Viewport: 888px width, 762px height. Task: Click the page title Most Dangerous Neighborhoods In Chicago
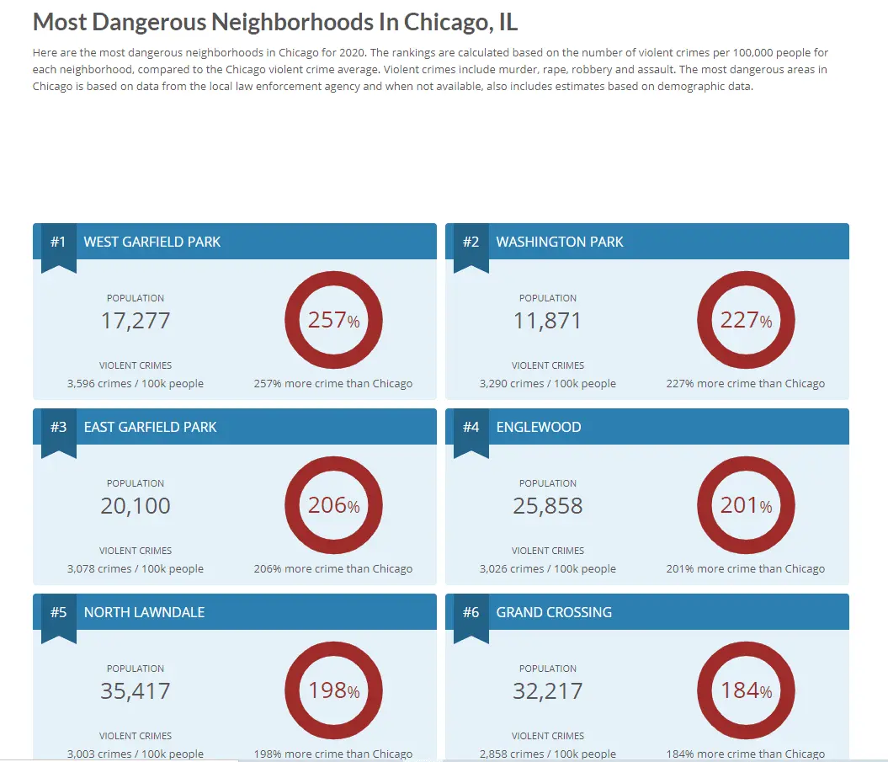coord(274,22)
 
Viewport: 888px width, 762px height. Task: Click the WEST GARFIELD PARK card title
coord(152,242)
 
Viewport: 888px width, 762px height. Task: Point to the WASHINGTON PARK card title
coord(560,242)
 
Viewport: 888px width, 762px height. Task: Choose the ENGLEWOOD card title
coord(539,428)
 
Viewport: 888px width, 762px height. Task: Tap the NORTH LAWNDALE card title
coord(144,613)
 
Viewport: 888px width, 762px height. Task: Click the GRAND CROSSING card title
coord(554,613)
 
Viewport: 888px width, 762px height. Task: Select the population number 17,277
coord(136,321)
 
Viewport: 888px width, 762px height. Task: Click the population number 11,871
coord(548,321)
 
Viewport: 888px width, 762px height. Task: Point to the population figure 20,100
coord(136,506)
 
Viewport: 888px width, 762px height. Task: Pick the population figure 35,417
coord(136,691)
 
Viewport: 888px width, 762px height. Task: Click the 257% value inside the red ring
coord(333,320)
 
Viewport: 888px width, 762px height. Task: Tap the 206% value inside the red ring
coord(333,505)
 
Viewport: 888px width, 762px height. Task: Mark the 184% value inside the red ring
coord(746,690)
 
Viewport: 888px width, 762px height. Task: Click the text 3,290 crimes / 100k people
coord(548,384)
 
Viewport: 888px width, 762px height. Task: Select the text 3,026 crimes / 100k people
coord(548,569)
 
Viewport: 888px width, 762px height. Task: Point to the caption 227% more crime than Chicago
coord(746,384)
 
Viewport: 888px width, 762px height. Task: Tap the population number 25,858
coord(548,506)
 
